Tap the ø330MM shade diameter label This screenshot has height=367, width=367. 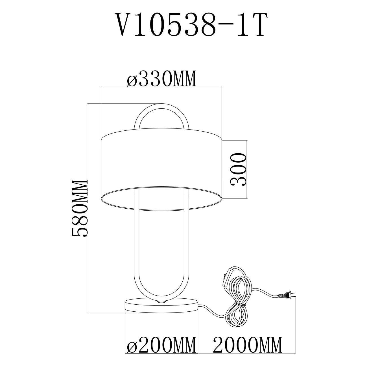[x=161, y=79]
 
